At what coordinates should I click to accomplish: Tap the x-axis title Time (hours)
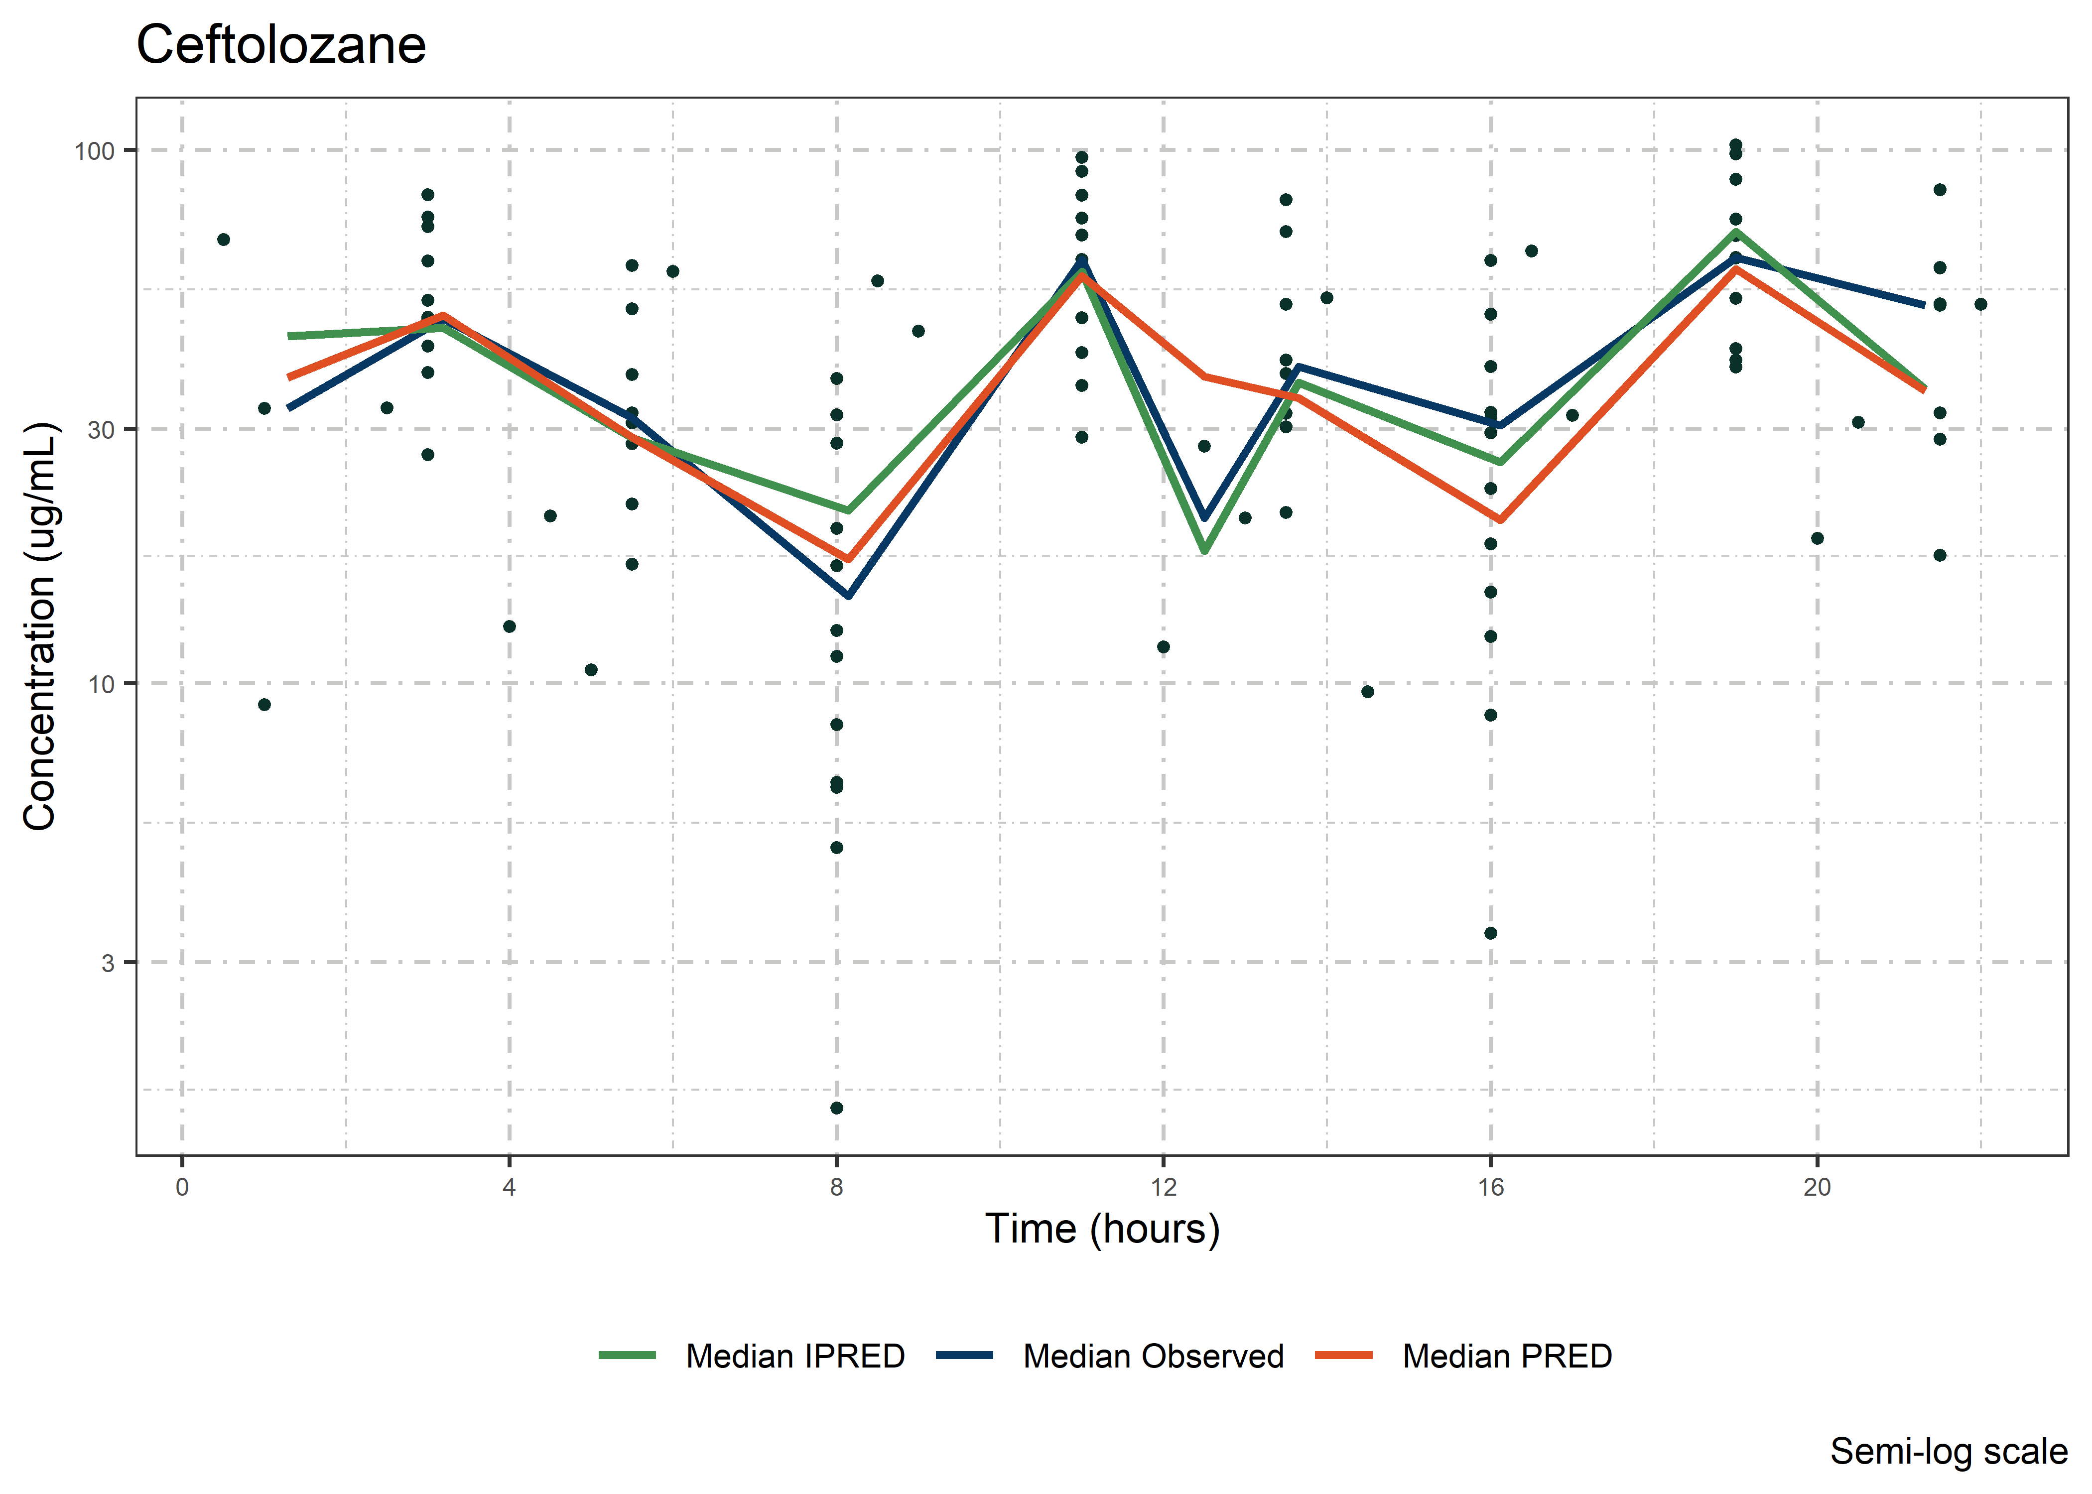point(1102,1229)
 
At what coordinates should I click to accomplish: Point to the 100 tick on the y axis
point(94,151)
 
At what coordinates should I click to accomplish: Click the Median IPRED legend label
point(795,1356)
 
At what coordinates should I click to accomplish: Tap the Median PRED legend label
point(1507,1356)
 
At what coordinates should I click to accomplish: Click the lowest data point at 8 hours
point(836,1108)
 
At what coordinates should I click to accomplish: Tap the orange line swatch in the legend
point(1344,1355)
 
